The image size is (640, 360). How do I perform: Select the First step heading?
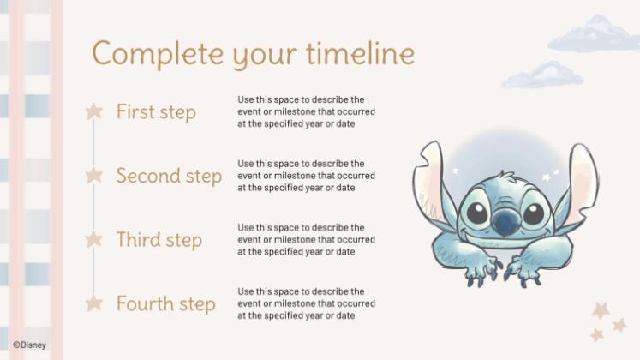click(x=156, y=112)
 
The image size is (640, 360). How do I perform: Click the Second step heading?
click(x=169, y=176)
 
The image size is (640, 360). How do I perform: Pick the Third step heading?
click(x=159, y=239)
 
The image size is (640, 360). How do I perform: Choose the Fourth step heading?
click(x=165, y=303)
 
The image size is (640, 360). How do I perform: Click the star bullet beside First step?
click(x=94, y=111)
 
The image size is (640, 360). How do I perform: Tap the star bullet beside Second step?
click(x=94, y=176)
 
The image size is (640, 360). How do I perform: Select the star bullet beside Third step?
click(x=94, y=239)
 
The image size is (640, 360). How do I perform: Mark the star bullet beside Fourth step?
click(x=94, y=303)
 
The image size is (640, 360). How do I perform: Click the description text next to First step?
click(x=306, y=112)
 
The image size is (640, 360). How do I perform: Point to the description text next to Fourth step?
click(x=306, y=303)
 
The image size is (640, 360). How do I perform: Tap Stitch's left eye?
click(x=475, y=212)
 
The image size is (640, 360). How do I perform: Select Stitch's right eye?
click(x=533, y=212)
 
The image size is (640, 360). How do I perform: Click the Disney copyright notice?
click(x=29, y=345)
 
